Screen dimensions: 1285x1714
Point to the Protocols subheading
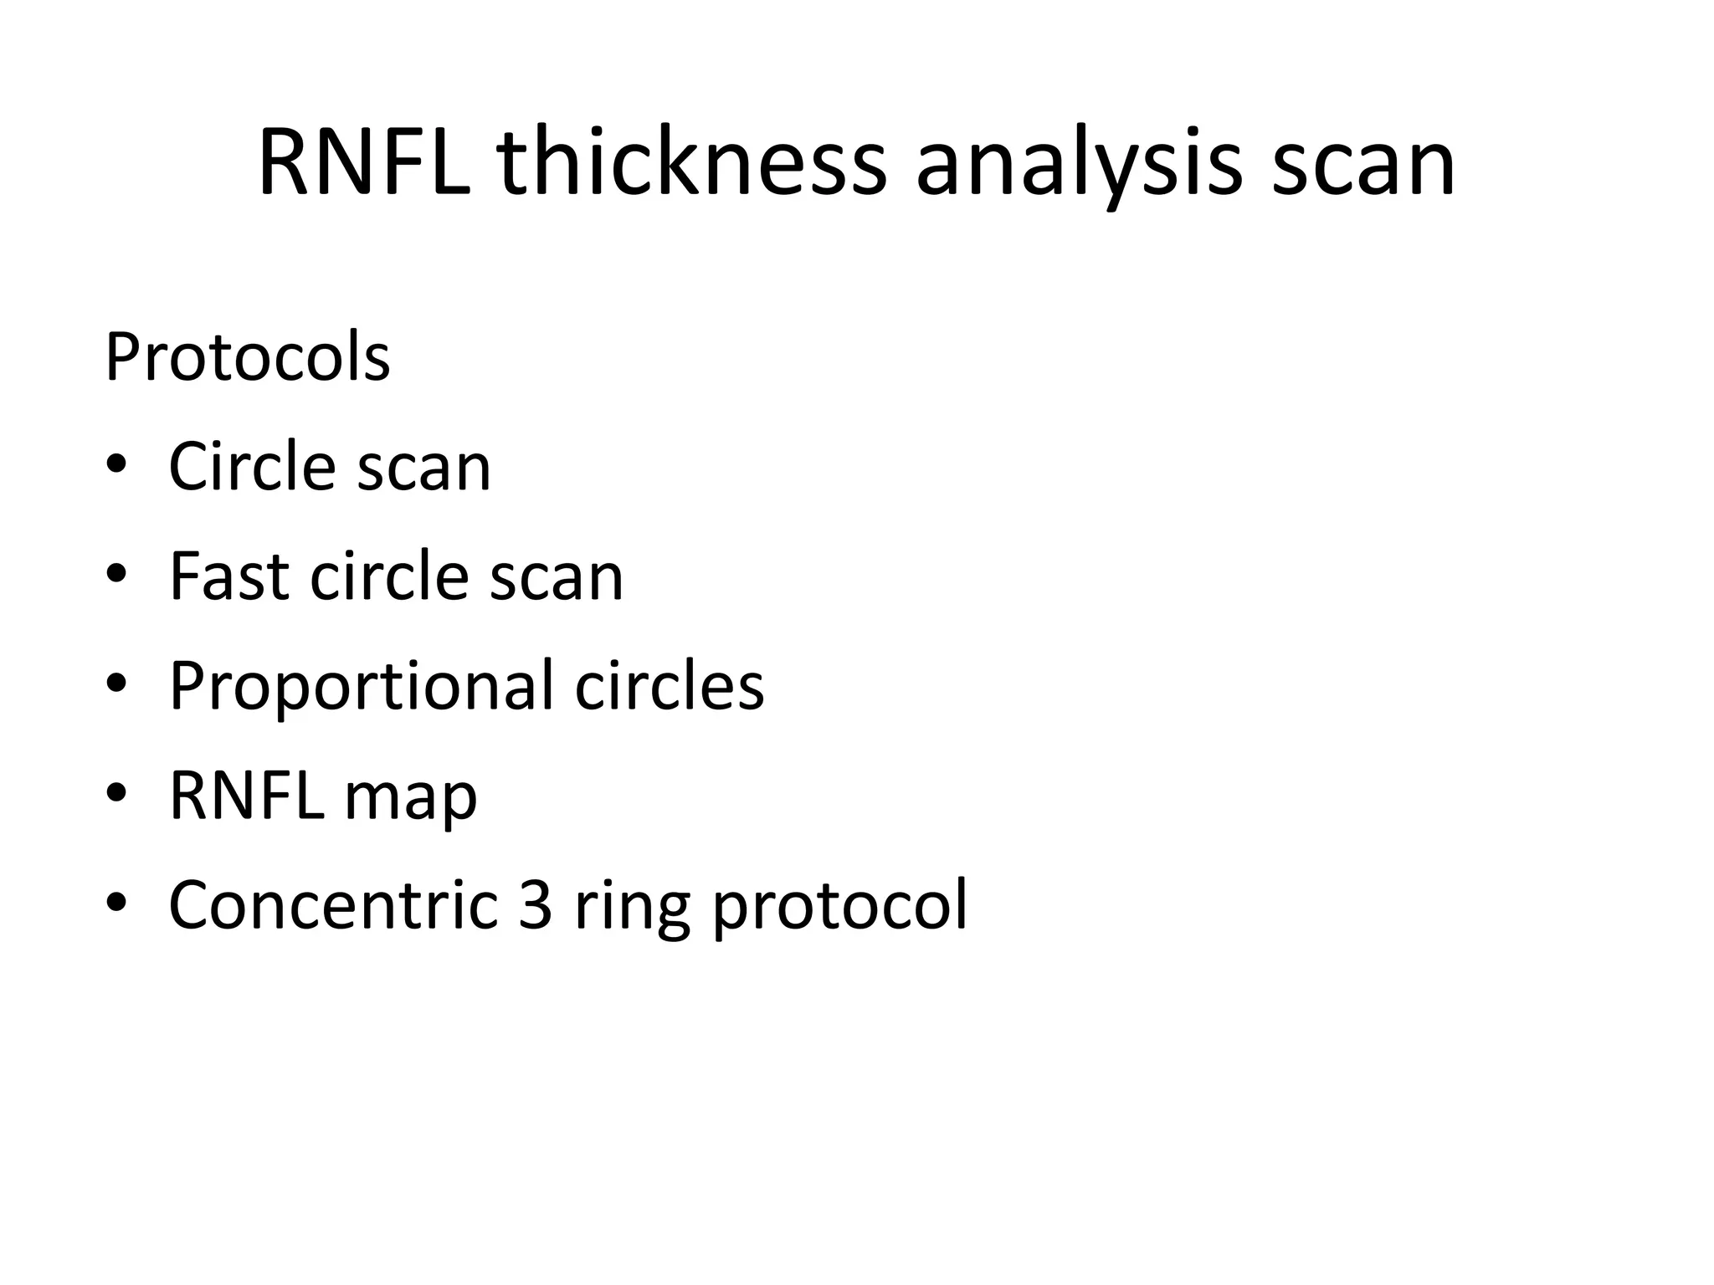248,357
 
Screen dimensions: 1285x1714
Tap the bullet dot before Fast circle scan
116,575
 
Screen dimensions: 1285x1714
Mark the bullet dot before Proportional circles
116,684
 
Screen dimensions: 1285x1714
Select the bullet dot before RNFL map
116,794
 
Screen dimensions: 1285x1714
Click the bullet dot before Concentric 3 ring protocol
116,904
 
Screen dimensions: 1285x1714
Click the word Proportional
361,686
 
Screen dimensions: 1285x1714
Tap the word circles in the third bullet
670,686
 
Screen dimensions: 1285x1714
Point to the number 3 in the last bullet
535,905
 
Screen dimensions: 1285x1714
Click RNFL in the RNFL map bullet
246,796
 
